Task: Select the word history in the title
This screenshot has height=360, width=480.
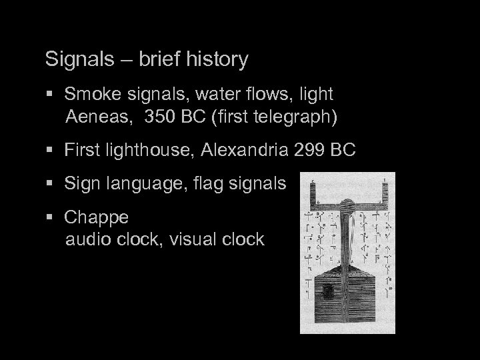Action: tap(215, 60)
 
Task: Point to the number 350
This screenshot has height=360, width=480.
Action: tap(160, 118)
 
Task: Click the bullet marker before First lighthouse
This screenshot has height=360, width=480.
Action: tap(53, 151)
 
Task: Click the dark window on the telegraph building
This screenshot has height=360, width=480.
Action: tap(329, 291)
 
